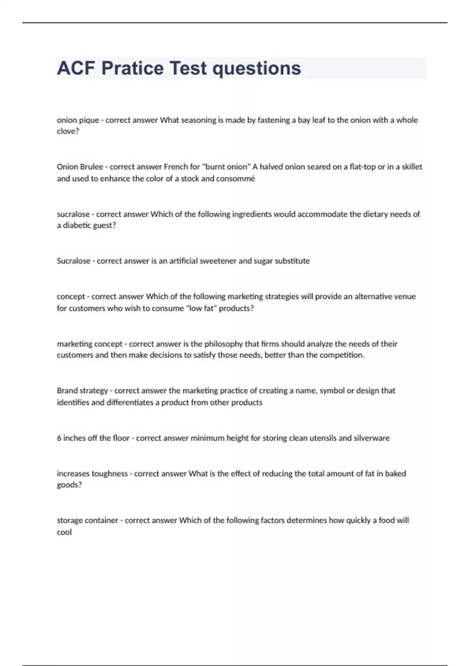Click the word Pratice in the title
pyautogui.click(x=132, y=68)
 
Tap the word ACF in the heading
pyautogui.click(x=76, y=68)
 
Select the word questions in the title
pyautogui.click(x=257, y=68)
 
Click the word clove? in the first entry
pyautogui.click(x=68, y=131)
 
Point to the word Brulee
pyautogui.click(x=91, y=167)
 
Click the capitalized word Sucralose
pyautogui.click(x=74, y=261)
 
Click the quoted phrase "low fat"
pyautogui.click(x=202, y=308)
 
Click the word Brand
pyautogui.click(x=67, y=391)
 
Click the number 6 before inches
pyautogui.click(x=59, y=438)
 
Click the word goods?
pyautogui.click(x=69, y=485)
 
